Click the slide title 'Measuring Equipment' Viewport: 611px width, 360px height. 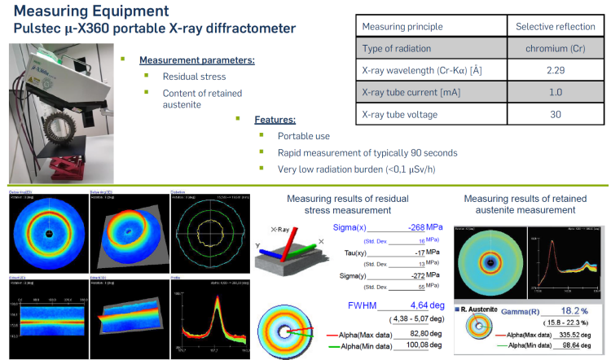point(85,11)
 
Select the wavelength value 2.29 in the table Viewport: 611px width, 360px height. point(555,70)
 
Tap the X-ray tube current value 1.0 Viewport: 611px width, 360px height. point(555,92)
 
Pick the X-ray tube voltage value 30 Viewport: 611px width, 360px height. point(555,114)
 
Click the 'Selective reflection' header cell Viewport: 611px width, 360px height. point(555,26)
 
